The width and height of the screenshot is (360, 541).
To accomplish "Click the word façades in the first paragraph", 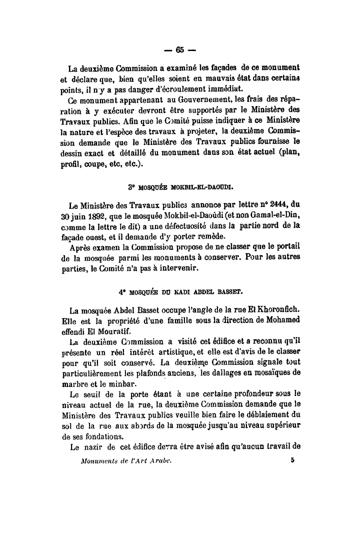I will click(x=223, y=67).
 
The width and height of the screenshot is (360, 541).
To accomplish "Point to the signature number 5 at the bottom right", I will click(x=291, y=458).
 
